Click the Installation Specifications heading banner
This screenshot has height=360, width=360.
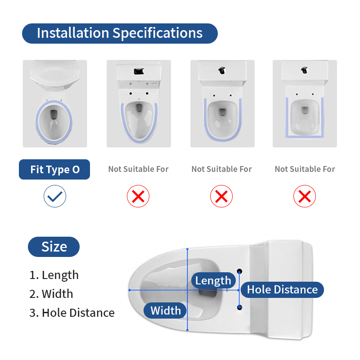120,33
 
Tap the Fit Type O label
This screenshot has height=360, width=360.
54,170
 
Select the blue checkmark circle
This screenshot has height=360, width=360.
55,196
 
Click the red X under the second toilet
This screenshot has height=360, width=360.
138,196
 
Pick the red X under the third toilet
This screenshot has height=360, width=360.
221,196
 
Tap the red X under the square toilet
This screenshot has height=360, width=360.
305,196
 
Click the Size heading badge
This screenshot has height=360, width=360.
54,247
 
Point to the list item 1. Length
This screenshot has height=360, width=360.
54,275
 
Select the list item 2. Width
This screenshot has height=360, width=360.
51,294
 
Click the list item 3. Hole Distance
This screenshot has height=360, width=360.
72,313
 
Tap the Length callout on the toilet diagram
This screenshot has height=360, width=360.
213,280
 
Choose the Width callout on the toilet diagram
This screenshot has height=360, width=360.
165,310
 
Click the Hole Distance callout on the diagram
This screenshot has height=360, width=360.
283,289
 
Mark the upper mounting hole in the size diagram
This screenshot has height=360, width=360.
239,272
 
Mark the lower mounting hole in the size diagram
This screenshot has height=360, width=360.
239,307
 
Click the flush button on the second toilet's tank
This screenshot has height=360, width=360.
139,71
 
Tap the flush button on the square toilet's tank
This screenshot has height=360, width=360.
304,70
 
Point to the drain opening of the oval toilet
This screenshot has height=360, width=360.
54,114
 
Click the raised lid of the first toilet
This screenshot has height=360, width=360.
55,73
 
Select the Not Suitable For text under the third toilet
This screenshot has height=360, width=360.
221,169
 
